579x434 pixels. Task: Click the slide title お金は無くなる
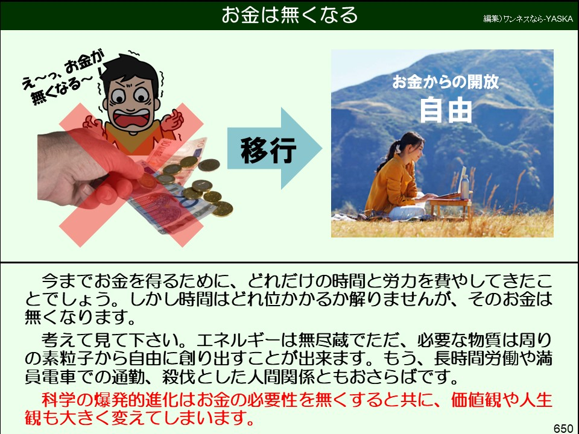coord(289,15)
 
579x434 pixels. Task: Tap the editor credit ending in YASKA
coord(528,19)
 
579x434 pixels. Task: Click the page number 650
coord(563,428)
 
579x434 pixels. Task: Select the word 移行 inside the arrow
coord(268,150)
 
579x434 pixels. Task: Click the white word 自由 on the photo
coord(446,110)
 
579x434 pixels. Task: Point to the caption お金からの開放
coord(446,82)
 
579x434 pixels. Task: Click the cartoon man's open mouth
coord(133,118)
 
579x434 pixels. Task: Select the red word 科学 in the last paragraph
coord(59,400)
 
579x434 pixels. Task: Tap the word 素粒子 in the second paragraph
coord(69,358)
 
